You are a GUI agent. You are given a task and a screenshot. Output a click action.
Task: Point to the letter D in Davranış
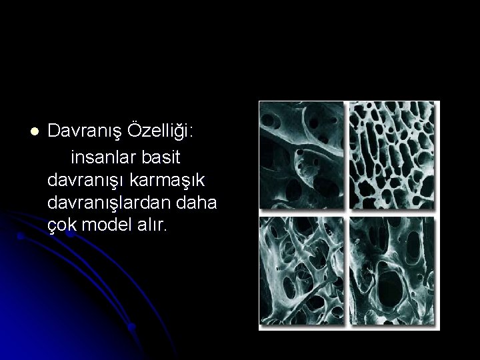coord(54,132)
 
